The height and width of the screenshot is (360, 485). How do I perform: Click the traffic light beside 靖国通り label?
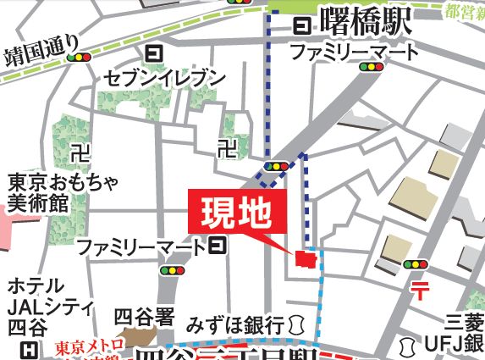click(81, 58)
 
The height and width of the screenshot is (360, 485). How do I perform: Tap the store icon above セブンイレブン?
click(154, 54)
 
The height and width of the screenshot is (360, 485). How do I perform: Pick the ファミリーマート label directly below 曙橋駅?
click(354, 53)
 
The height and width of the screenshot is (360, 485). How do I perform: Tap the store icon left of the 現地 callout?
click(218, 246)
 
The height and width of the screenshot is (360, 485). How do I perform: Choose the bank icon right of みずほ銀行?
click(295, 324)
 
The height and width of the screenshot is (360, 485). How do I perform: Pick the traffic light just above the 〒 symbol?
click(416, 264)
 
